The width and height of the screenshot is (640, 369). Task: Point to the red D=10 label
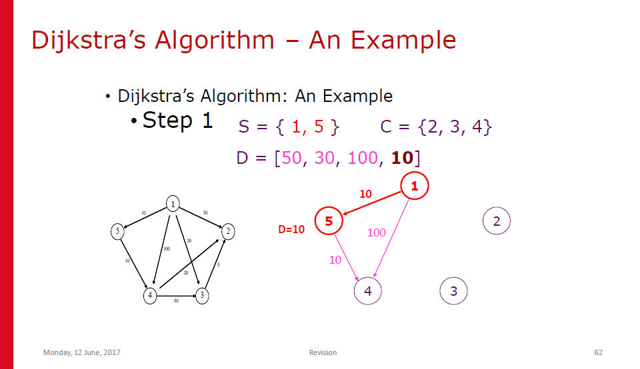click(x=291, y=229)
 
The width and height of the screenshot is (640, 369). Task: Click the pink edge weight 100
click(x=376, y=232)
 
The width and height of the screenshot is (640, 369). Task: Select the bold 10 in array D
click(x=403, y=158)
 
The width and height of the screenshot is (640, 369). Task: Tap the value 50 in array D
click(x=291, y=158)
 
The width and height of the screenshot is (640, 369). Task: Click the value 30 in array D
click(x=325, y=158)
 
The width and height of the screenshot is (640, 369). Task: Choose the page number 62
click(x=599, y=352)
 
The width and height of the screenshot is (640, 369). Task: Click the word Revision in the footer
click(x=323, y=352)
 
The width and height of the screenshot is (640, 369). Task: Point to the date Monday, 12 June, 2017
click(x=81, y=352)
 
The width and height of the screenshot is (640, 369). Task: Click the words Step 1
click(x=177, y=121)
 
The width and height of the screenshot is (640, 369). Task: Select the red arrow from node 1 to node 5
click(x=372, y=203)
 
